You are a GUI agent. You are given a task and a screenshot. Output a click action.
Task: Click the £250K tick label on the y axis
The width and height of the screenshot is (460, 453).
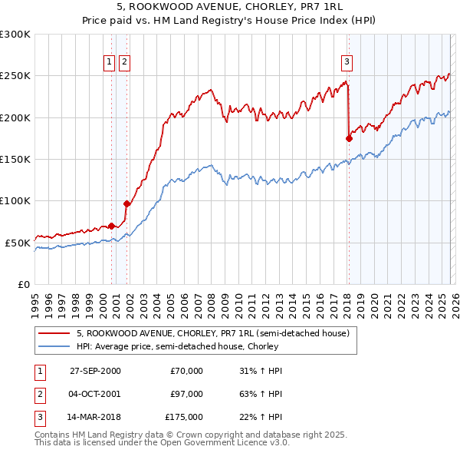coord(15,76)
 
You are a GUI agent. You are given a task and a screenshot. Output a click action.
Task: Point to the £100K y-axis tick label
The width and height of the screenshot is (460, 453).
coord(15,200)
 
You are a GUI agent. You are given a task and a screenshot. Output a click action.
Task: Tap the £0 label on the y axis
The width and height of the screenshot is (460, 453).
coord(23,284)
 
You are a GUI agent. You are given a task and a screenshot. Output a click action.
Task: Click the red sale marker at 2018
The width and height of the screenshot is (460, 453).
coord(349,138)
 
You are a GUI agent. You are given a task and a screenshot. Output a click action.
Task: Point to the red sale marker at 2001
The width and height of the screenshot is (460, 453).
coord(127,203)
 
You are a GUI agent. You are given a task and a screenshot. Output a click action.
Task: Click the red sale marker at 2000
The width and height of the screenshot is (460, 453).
coord(112,226)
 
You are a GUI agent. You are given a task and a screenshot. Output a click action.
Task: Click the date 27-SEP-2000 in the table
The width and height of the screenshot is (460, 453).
coord(95,371)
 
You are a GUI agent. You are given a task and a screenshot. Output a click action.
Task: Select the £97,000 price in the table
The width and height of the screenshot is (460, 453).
coord(186,394)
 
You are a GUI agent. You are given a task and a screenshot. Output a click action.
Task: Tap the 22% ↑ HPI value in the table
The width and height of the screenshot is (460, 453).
coord(261,417)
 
